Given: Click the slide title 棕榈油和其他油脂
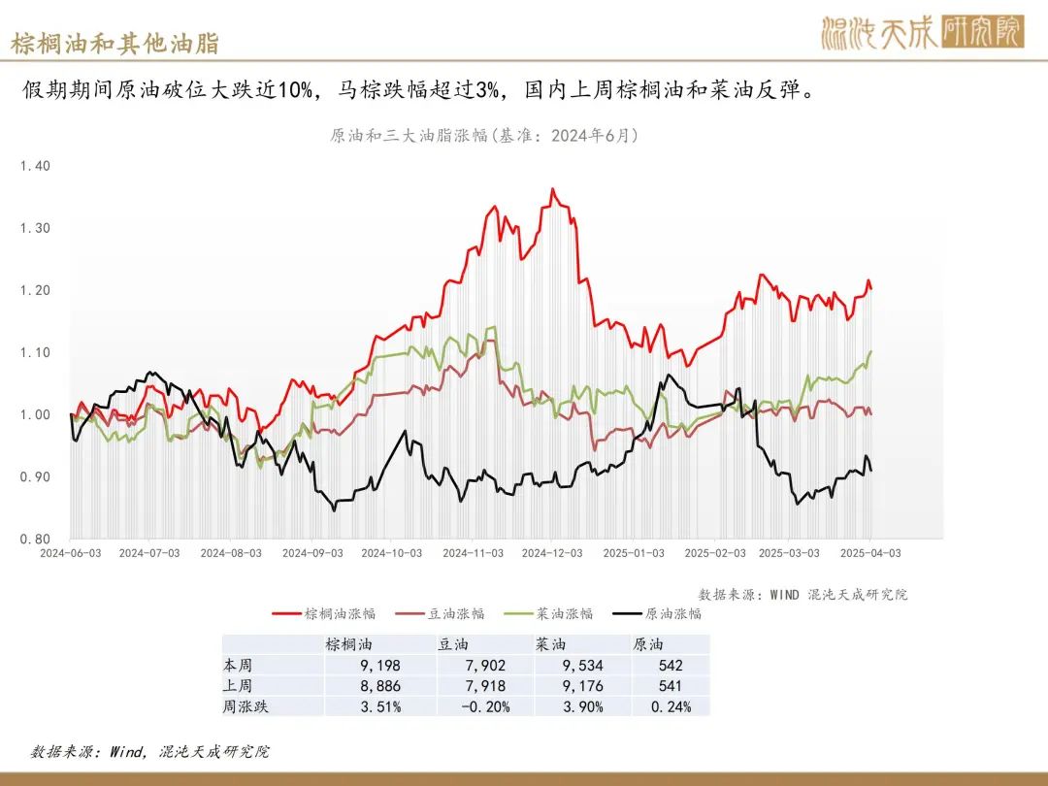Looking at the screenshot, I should (115, 44).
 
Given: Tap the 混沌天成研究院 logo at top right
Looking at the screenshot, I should (921, 33).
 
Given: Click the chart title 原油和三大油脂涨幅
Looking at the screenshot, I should (483, 136).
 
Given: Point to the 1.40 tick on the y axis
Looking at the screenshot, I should (35, 166).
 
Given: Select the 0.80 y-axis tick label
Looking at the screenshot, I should (35, 539).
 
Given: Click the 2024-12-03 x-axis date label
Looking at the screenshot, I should (551, 553).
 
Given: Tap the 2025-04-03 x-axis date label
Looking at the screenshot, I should (870, 553).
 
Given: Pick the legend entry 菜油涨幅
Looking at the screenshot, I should (564, 613).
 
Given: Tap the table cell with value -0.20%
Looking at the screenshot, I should (485, 706).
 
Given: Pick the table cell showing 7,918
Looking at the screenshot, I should (485, 686).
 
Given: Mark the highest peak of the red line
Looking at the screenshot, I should (552, 189).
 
